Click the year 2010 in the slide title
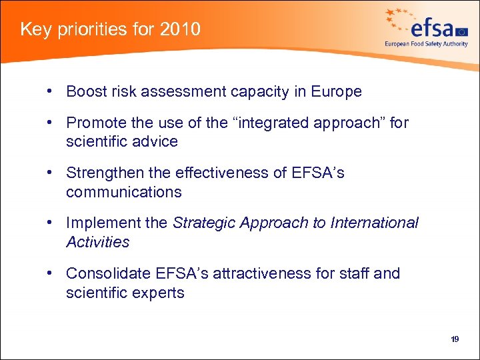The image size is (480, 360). [179, 29]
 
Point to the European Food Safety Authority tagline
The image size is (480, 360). [426, 44]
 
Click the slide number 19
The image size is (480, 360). [455, 339]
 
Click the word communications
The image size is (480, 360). [123, 192]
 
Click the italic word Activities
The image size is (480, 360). [97, 242]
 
